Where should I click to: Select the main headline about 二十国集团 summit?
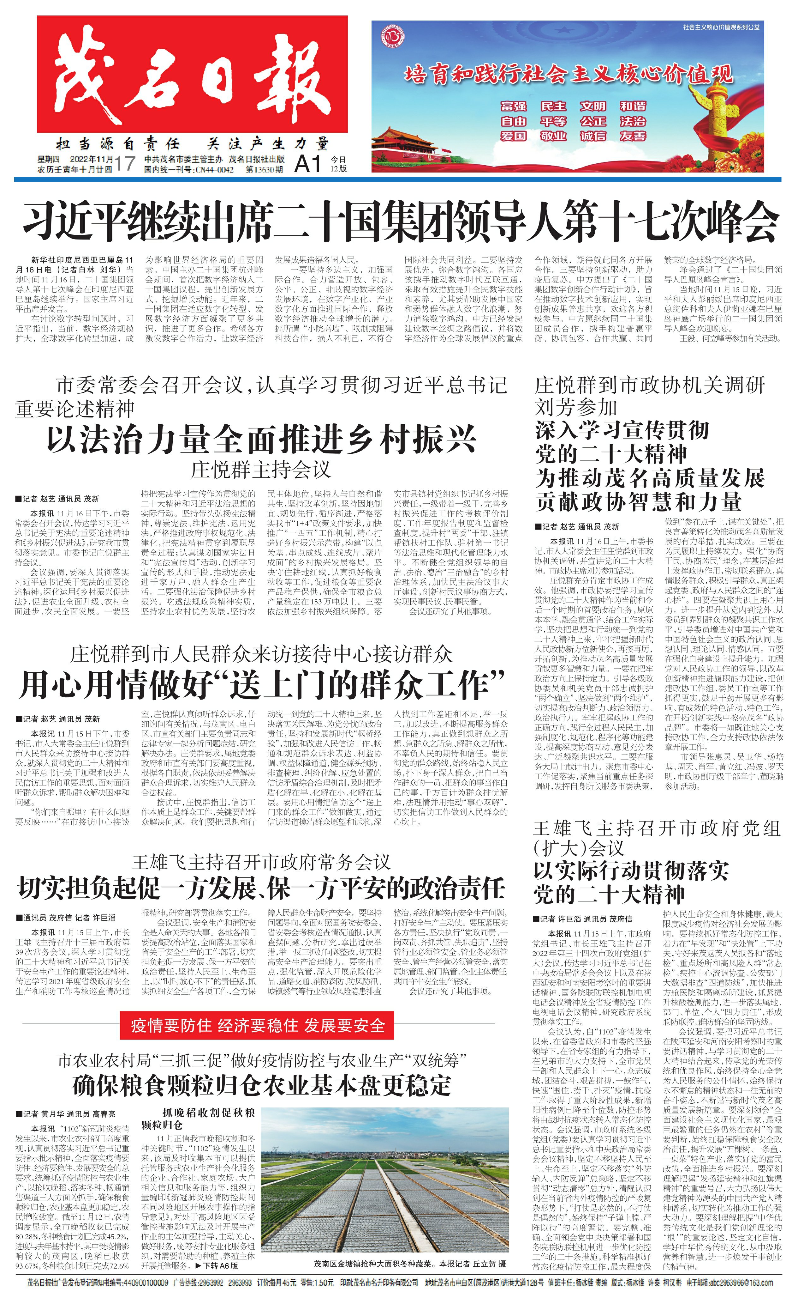(x=400, y=220)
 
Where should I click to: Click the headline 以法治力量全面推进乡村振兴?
(x=262, y=439)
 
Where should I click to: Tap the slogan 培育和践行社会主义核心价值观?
(x=569, y=74)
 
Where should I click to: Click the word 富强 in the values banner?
(x=514, y=106)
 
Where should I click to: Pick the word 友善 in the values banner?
(x=633, y=136)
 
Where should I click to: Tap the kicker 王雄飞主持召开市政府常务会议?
(x=261, y=863)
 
